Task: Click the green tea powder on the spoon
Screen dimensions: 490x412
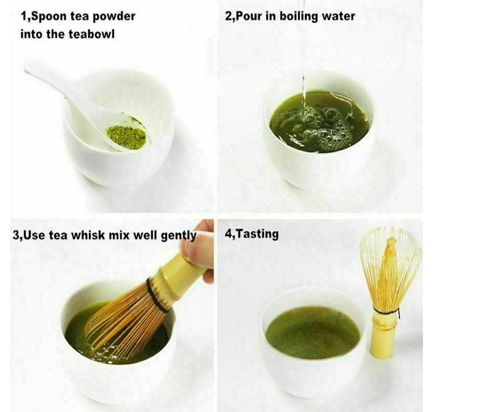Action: pos(126,136)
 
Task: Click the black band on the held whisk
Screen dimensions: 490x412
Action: pos(157,295)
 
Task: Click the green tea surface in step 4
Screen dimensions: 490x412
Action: pos(313,332)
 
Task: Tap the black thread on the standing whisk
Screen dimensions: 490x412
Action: pos(386,312)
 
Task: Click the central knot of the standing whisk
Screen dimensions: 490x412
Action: pos(391,242)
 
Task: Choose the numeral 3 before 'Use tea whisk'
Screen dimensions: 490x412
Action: pos(15,235)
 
